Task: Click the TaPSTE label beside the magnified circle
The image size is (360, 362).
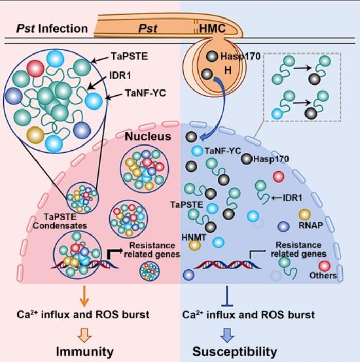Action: pos(130,58)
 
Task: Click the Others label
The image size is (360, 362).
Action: pos(323,276)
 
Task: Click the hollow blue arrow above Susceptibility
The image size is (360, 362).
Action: pos(227,334)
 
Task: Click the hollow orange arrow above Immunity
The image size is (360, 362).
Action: pos(85,334)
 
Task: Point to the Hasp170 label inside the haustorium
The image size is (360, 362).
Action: pos(235,56)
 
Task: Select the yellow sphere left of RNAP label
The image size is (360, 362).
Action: pos(304,214)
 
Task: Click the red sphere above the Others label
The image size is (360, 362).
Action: pos(325,266)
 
